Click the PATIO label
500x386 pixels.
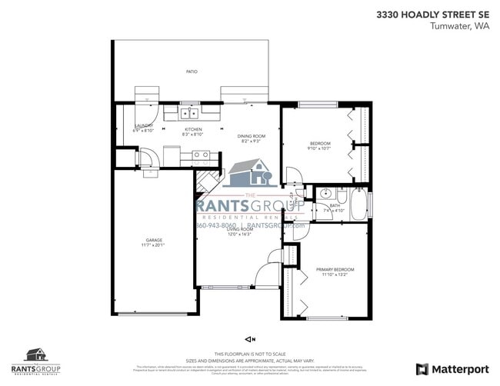[192, 72]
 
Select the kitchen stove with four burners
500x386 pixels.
[201, 155]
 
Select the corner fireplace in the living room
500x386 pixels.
[205, 182]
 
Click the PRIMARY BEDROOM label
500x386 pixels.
[335, 269]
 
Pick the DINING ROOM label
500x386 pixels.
[251, 136]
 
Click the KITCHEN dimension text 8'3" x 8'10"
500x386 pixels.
[192, 135]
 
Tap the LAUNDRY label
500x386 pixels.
[144, 125]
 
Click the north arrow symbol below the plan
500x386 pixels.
[249, 338]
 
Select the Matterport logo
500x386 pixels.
[452, 369]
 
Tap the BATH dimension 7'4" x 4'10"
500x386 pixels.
[335, 210]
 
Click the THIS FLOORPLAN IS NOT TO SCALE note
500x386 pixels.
[249, 353]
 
